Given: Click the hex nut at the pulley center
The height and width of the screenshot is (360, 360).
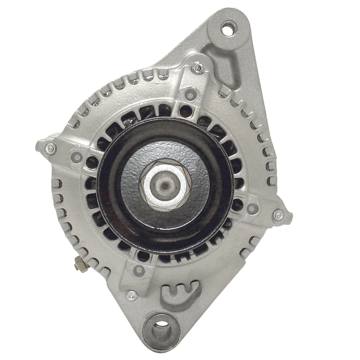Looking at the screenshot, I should (x=164, y=185).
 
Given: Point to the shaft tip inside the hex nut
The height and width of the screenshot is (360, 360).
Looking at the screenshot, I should (x=164, y=184).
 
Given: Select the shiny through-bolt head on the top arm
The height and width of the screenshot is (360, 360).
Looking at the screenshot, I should (x=198, y=68).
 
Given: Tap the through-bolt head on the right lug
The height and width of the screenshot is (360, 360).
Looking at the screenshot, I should (x=278, y=215).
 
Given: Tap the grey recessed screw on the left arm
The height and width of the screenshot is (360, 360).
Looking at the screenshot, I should (x=77, y=156).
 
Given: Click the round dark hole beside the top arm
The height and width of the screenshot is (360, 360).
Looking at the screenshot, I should (x=185, y=111).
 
